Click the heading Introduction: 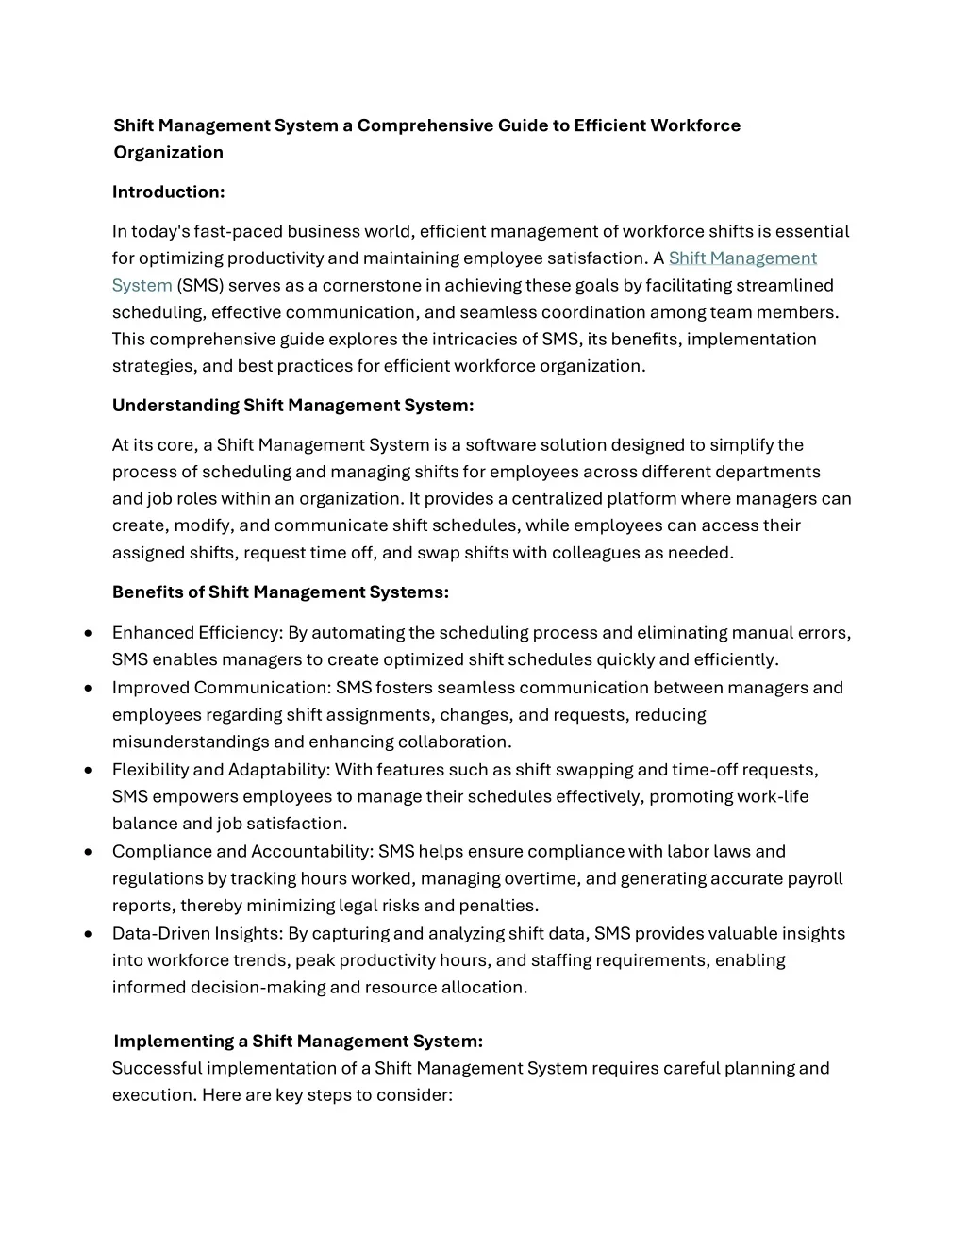tap(168, 192)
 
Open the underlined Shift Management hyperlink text tap(742, 258)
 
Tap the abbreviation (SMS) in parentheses tap(200, 286)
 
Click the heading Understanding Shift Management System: tap(292, 406)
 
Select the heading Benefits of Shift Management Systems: tap(280, 592)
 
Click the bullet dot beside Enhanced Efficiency tap(88, 633)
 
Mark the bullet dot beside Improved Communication tap(88, 688)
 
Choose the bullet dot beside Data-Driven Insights tap(88, 934)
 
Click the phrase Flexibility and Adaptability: tap(221, 770)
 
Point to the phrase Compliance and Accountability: tap(242, 852)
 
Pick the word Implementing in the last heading tap(174, 1042)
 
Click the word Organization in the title tap(168, 153)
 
